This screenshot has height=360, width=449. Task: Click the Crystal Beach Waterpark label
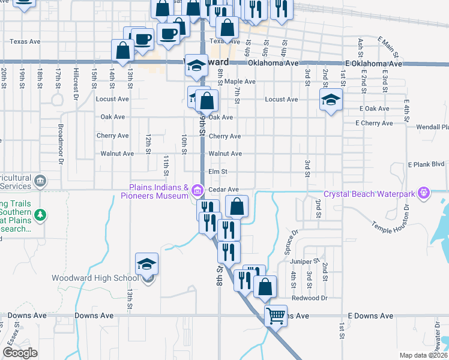369,194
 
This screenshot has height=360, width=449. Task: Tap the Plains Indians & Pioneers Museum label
155,191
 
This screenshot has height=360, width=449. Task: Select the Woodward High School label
95,278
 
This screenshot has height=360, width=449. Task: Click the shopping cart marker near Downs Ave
276,314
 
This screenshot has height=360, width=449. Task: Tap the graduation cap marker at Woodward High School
146,263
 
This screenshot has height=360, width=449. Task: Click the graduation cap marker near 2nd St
330,100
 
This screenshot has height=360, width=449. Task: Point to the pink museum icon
197,192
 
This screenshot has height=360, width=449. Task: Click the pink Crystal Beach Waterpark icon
424,193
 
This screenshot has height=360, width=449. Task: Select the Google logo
19,353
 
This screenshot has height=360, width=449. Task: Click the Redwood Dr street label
309,298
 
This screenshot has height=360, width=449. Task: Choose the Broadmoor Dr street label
61,144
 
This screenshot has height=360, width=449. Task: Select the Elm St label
217,172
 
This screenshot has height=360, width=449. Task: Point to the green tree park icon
40,214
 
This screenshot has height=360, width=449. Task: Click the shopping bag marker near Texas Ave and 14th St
123,52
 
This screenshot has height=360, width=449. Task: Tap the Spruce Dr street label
294,240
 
